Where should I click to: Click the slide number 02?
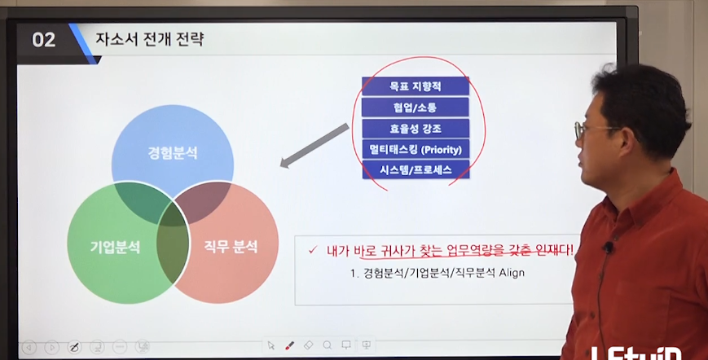point(43,40)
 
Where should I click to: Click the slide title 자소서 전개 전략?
point(149,39)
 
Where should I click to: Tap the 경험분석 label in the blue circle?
point(173,153)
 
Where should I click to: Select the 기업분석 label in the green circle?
point(115,248)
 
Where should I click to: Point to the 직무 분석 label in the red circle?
point(231,247)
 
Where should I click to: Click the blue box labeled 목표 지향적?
point(416,86)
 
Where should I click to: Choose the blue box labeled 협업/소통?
point(416,108)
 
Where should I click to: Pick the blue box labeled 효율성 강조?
point(416,129)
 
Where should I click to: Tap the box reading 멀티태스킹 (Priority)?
point(416,149)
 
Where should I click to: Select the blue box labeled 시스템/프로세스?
point(416,169)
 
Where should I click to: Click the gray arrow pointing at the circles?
point(314,146)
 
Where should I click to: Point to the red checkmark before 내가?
point(313,249)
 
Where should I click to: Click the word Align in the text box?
point(512,273)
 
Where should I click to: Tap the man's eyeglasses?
point(591,130)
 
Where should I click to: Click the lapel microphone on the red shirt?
point(609,248)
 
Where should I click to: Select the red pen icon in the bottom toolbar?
point(289,345)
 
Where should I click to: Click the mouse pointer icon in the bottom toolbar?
point(271,345)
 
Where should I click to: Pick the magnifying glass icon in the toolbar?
point(328,345)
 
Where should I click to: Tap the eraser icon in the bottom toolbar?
point(309,345)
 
